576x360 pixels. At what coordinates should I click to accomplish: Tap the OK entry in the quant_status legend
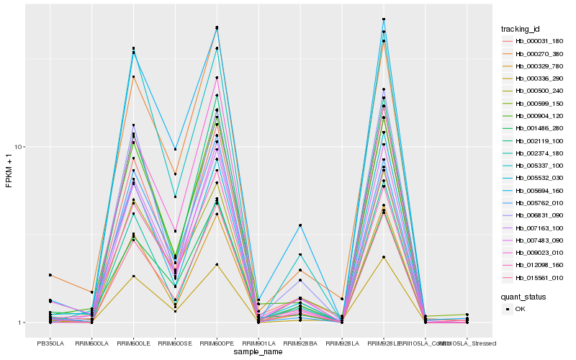520,308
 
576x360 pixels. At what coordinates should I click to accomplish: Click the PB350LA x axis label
50,343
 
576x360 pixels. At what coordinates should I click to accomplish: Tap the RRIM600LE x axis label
133,343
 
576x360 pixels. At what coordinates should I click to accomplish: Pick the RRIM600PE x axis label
217,343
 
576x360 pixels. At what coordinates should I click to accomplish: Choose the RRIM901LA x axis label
258,343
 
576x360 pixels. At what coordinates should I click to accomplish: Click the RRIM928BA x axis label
300,343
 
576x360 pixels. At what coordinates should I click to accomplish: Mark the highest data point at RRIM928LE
384,19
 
